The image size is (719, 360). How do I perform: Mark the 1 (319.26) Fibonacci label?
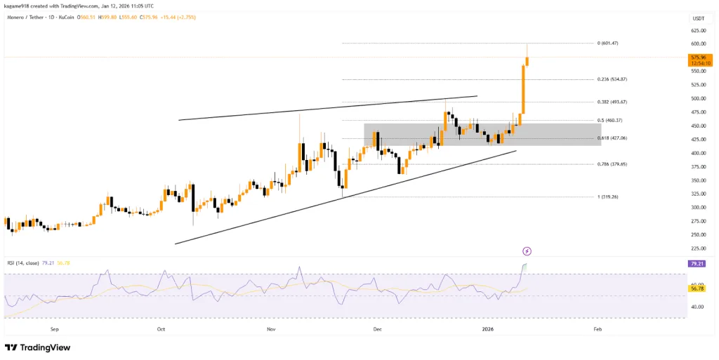(x=607, y=197)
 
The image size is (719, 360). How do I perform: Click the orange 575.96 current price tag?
(x=698, y=58)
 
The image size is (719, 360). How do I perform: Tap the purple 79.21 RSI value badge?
(x=698, y=264)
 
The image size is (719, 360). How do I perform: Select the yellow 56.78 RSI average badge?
(x=698, y=288)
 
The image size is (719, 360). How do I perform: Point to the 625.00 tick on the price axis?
(x=698, y=31)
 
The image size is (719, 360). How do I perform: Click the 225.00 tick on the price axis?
(x=698, y=248)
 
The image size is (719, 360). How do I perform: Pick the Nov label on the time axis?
(x=270, y=328)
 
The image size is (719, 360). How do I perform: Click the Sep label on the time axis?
(x=55, y=328)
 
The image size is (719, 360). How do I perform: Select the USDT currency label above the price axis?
(x=698, y=18)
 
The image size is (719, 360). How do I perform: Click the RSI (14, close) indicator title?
(x=27, y=263)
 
